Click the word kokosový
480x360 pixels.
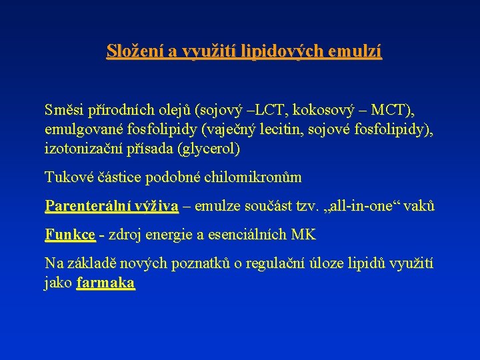click(x=319, y=109)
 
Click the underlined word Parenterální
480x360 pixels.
click(x=87, y=206)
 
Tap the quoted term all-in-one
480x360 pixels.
click(x=357, y=206)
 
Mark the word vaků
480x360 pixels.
click(x=420, y=206)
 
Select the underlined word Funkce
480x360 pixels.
click(x=70, y=235)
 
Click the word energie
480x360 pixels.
click(x=167, y=235)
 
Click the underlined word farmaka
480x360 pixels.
click(x=106, y=283)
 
